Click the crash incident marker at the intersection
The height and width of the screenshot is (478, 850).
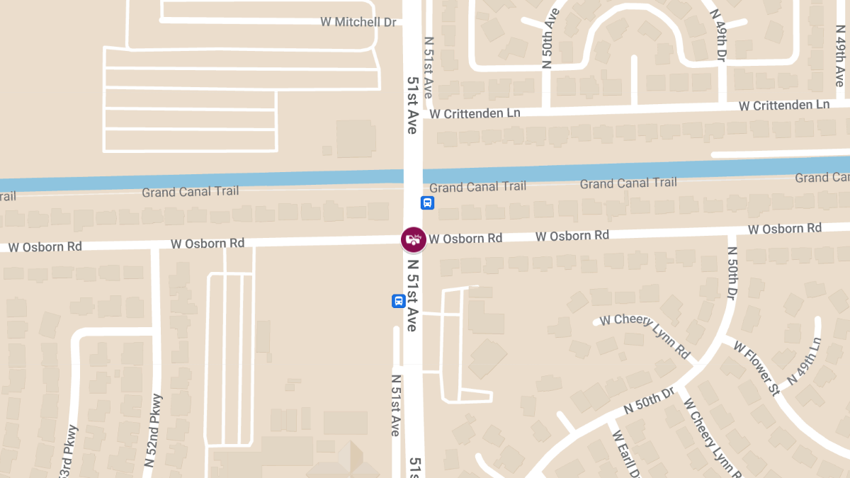pyautogui.click(x=413, y=239)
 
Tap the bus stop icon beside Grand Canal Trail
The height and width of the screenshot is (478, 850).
pyautogui.click(x=427, y=203)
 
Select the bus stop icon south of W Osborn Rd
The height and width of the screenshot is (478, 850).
pyautogui.click(x=399, y=301)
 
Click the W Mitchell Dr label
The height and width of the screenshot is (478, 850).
pyautogui.click(x=358, y=22)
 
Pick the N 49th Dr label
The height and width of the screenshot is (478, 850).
pyautogui.click(x=718, y=35)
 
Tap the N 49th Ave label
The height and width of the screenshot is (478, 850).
pyautogui.click(x=839, y=59)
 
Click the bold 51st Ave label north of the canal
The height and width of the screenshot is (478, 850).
pyautogui.click(x=412, y=106)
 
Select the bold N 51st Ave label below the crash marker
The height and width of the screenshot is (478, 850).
pyautogui.click(x=412, y=295)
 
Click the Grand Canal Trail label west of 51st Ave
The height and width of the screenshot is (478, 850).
pyautogui.click(x=190, y=191)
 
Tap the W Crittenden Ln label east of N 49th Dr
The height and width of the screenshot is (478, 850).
pyautogui.click(x=783, y=105)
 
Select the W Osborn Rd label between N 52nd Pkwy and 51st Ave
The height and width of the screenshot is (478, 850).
pyautogui.click(x=207, y=243)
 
